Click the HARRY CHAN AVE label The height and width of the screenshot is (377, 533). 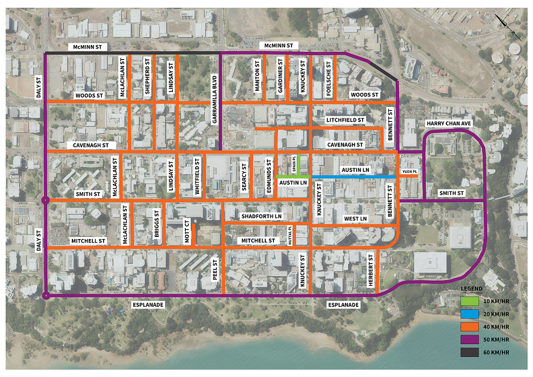point(449,124)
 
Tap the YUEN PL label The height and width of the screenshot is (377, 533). point(408,171)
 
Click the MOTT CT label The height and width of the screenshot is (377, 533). point(188,231)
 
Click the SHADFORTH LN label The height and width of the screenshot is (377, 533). point(262,216)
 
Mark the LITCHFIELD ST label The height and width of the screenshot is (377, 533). point(345,120)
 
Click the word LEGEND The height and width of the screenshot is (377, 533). point(471,289)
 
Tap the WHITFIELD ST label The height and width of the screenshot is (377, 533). point(198,176)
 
